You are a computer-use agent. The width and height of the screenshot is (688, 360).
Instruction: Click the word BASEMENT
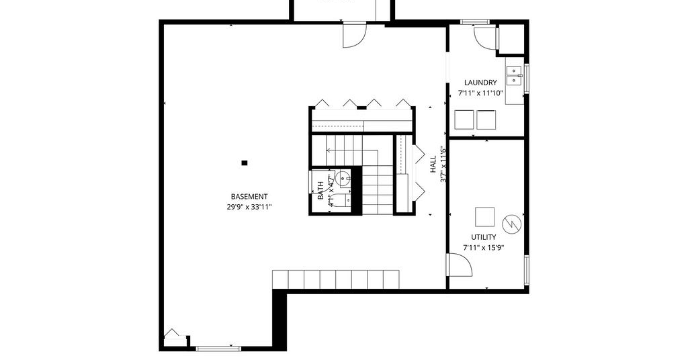coord(249,197)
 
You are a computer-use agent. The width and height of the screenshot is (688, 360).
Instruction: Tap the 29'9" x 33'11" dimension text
coord(249,207)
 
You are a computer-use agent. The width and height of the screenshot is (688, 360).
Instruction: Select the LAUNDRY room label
coord(480,83)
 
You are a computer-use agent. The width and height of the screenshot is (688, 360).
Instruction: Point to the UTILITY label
coord(484,237)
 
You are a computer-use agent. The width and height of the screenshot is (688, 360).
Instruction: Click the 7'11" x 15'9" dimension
coord(484,248)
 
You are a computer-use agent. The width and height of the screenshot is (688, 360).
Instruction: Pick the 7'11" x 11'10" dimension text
coord(480,93)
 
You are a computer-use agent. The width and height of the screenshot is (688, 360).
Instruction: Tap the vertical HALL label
coord(433,164)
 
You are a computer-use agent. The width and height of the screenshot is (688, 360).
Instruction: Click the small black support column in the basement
coord(245,163)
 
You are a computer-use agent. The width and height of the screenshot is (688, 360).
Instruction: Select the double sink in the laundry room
coord(513,75)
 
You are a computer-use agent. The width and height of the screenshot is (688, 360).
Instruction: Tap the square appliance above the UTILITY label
coord(484,217)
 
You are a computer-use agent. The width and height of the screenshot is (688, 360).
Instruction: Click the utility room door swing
coord(460,265)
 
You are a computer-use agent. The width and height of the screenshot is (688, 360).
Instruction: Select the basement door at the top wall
coord(355,34)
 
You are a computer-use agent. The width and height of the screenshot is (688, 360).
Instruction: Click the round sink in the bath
coord(343,179)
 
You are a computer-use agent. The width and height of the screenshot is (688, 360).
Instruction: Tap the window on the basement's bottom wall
coord(218,349)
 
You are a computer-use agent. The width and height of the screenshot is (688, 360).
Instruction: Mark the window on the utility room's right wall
coord(527,271)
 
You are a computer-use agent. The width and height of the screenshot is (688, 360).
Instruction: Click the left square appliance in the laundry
coord(464,120)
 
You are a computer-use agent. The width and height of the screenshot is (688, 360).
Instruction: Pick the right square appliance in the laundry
coord(486,120)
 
